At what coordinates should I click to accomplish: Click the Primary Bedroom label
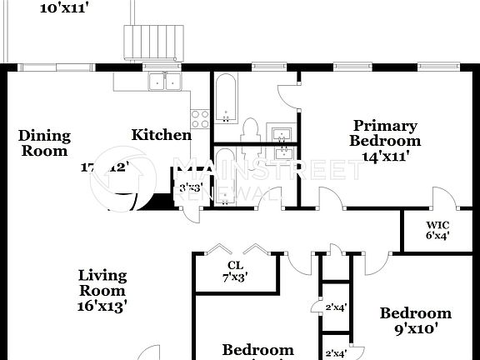383,133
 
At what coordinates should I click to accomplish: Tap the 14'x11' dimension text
384,155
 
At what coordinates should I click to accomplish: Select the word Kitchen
161,135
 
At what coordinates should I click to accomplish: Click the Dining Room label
44,143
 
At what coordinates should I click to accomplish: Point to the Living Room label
102,283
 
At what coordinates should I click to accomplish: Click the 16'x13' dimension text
102,306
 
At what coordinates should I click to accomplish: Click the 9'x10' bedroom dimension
415,328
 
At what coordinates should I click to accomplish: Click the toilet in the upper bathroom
249,129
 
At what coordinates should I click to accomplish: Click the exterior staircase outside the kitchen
151,41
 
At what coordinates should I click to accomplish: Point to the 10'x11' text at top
64,8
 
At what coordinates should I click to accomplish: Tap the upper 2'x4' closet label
336,307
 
